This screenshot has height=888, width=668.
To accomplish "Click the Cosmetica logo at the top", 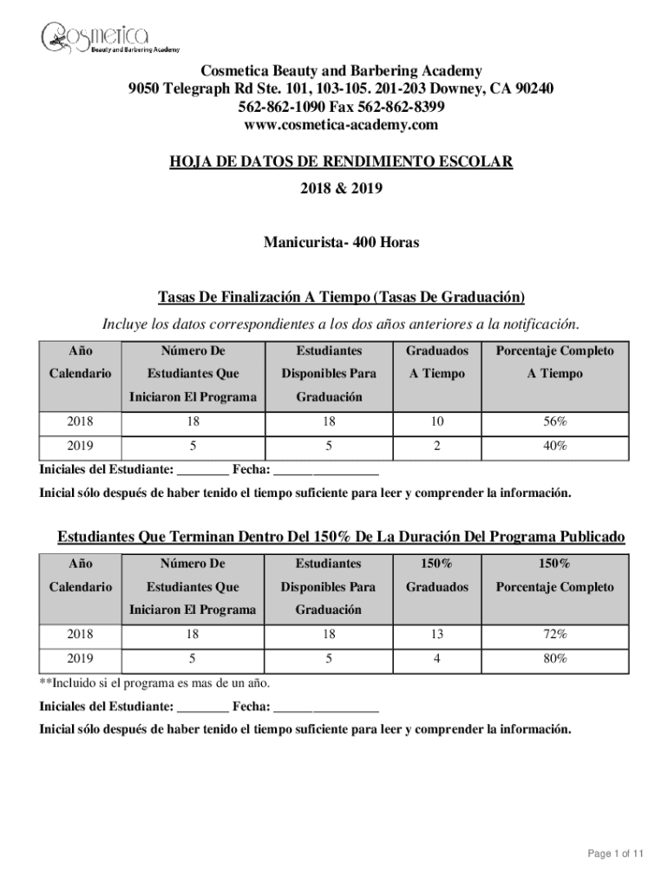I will point(95,38).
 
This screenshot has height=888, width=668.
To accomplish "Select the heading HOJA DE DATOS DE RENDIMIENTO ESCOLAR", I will point(341,162).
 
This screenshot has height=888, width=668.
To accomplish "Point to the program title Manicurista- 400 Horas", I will point(341,243).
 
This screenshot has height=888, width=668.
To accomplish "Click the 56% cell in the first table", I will point(554,422).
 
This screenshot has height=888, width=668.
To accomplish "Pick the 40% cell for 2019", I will point(554,446).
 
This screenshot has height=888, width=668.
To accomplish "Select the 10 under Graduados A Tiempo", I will point(436,422).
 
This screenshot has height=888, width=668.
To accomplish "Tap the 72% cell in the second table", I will point(554,635).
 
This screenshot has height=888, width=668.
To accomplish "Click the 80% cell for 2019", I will point(554,658).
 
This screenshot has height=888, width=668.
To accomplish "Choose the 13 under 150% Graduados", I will point(436,635).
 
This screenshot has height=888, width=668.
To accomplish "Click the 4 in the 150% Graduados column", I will point(436,658).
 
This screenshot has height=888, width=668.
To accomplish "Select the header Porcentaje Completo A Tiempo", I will point(554,362).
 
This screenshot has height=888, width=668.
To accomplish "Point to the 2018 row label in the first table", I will point(80,422).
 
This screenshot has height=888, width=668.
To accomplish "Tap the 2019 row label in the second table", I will point(80,658).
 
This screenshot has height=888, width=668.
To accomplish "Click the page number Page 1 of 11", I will point(616,854).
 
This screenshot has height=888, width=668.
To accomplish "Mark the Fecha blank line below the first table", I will point(326,473).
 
